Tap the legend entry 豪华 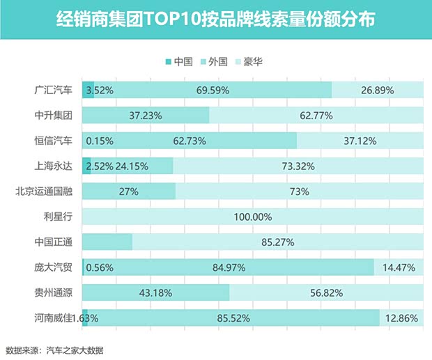point(254,61)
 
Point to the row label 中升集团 point(54,115)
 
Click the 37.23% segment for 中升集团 point(146,115)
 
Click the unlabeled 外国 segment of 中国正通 point(107,242)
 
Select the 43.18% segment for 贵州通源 point(156,292)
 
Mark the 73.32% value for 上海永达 point(298,166)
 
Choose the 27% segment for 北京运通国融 point(129,191)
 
